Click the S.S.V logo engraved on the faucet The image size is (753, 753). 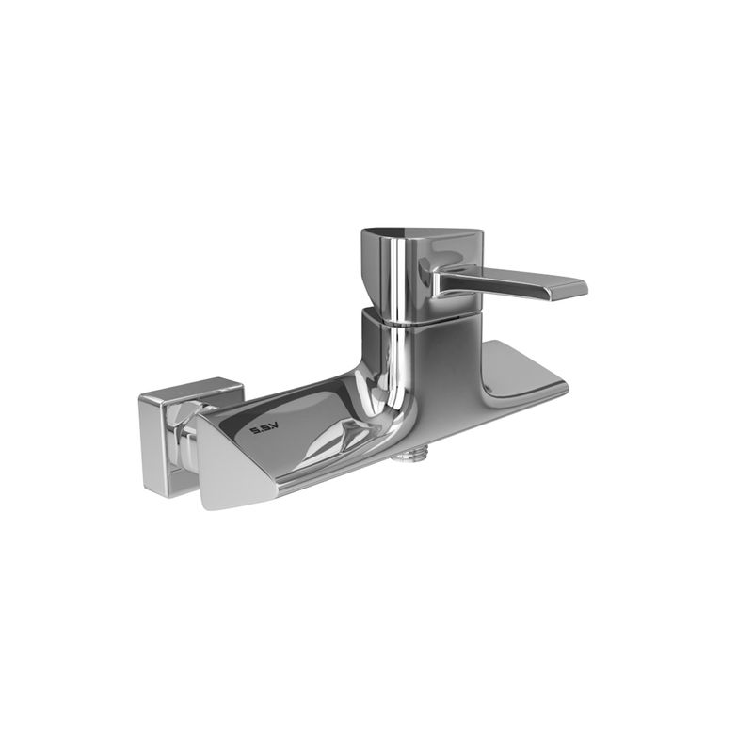(263, 430)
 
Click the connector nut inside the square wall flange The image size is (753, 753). (184, 435)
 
